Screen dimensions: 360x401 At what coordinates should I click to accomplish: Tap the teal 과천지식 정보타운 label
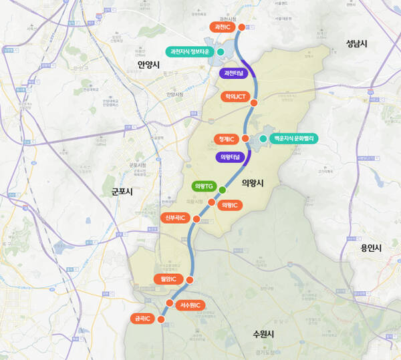[x=189, y=51]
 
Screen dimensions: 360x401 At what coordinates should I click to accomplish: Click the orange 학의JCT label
[x=235, y=97]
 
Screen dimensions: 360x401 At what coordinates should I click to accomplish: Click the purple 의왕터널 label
[x=229, y=158]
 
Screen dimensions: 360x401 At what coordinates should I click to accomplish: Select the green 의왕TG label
[x=202, y=186]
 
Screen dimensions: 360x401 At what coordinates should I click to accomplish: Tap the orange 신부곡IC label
[x=175, y=218]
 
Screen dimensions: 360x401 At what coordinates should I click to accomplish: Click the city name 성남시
[x=358, y=43]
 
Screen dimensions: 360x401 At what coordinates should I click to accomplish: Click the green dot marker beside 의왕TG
[x=222, y=190]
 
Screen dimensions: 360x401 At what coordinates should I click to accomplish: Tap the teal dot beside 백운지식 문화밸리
[x=263, y=139]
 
